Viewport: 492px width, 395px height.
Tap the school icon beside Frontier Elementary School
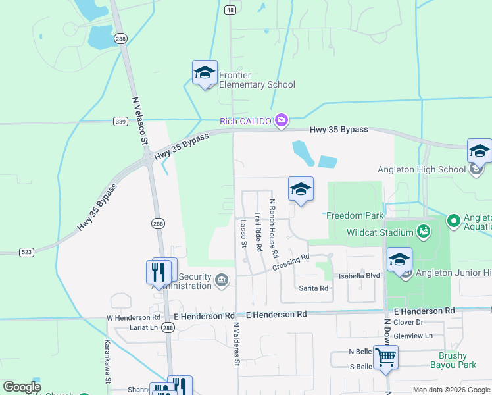click(x=205, y=72)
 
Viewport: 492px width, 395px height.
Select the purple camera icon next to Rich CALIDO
click(x=282, y=119)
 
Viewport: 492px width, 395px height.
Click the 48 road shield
click(x=230, y=10)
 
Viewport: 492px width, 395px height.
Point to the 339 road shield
click(x=120, y=121)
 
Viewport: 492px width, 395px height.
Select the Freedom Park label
click(x=355, y=215)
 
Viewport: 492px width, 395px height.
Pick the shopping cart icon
click(x=386, y=357)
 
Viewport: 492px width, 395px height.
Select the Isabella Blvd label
click(x=360, y=276)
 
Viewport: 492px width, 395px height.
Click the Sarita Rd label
click(x=313, y=288)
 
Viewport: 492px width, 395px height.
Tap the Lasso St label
click(x=243, y=234)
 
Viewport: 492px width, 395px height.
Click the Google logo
click(x=22, y=387)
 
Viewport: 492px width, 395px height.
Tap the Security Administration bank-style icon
click(x=222, y=281)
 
